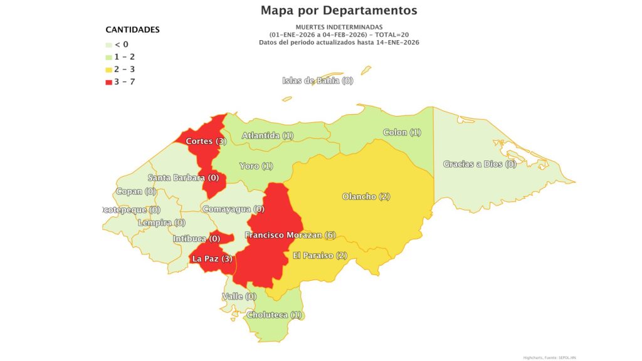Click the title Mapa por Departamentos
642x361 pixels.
339,11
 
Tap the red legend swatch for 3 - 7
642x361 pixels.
108,82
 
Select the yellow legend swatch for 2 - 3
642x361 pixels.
108,70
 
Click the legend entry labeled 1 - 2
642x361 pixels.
122,57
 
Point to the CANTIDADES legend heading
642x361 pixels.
132,29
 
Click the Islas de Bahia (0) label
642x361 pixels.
318,80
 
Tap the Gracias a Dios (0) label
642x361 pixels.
480,164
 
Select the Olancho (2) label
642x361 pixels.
366,197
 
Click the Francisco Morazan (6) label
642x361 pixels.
290,235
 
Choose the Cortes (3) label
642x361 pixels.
206,142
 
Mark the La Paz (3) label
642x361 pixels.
213,258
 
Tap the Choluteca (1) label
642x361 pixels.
274,315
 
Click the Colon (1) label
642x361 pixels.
402,133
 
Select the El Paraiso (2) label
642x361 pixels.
320,256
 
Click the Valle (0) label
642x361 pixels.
239,296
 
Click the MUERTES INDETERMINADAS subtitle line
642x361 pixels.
339,27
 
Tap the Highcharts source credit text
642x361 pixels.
549,357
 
